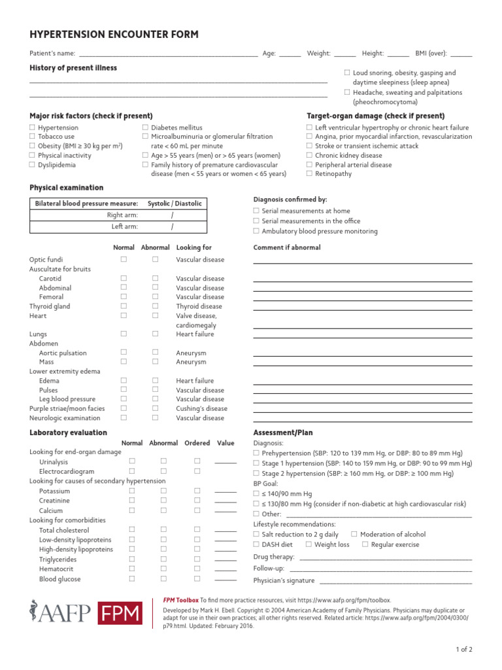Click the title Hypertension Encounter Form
tap(114, 35)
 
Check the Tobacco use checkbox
tap(32, 137)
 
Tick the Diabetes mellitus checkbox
tap(145, 128)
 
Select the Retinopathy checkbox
tap(310, 174)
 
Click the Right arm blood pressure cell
tap(173, 215)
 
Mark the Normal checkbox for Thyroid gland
tap(124, 306)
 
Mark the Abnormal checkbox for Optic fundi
tap(156, 260)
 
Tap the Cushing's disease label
tap(201, 408)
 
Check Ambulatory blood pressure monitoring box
tap(256, 231)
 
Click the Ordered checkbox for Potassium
tap(197, 491)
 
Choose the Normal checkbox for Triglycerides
tap(131, 559)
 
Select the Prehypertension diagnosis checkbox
tap(256, 453)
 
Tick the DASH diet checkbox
tap(256, 544)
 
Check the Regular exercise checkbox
tap(365, 544)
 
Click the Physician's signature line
tap(395, 582)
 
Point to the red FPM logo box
tap(120, 613)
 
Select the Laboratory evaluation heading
tap(68, 432)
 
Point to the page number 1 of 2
tap(463, 650)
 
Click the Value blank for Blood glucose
tap(226, 580)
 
